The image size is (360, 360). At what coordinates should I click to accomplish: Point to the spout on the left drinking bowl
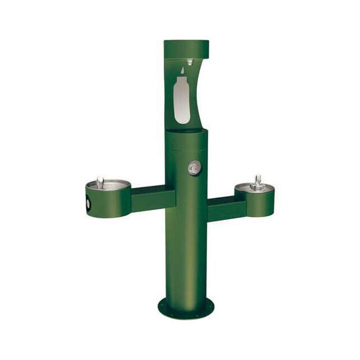click(100, 181)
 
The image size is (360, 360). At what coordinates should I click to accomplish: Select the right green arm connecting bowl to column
click(222, 208)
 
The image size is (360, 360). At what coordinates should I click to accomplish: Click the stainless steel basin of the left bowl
click(110, 184)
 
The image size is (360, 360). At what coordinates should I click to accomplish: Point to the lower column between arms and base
click(186, 259)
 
